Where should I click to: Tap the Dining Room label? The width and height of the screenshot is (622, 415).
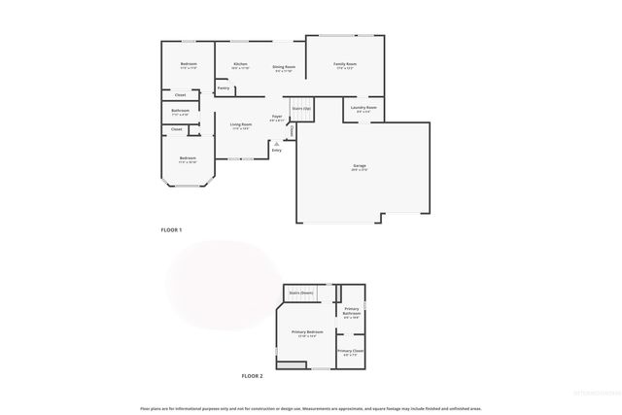[x=284, y=66]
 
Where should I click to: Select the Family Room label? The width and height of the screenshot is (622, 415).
[x=346, y=64]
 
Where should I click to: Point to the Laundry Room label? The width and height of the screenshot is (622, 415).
[x=363, y=108]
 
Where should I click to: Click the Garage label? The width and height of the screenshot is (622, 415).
[x=360, y=166]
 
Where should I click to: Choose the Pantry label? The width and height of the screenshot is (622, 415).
[x=224, y=88]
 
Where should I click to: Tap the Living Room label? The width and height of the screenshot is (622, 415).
[x=241, y=124]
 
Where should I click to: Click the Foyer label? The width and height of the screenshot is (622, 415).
[x=277, y=117]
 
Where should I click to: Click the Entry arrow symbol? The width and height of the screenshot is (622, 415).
[x=276, y=144]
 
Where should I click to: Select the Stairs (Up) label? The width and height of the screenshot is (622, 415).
[x=301, y=108]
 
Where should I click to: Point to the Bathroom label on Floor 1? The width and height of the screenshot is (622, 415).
[x=180, y=111]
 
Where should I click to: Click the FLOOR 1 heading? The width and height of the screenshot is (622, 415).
[x=171, y=229]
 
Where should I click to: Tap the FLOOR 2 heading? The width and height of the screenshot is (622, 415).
[x=253, y=375]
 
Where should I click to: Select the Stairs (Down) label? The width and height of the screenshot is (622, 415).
[x=301, y=292]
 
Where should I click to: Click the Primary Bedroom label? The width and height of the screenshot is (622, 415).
[x=307, y=332]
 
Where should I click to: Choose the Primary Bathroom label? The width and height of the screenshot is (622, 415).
[x=352, y=311]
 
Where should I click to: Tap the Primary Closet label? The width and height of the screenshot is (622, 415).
[x=351, y=351]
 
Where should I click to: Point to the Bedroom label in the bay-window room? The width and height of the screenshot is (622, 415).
[x=188, y=157]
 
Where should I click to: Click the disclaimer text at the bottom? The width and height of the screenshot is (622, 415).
[x=311, y=408]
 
